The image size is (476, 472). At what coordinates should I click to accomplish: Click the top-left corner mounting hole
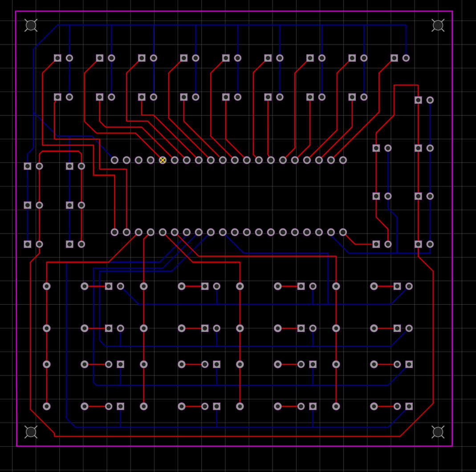[x=31, y=25]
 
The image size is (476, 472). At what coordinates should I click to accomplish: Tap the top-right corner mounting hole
[x=438, y=25]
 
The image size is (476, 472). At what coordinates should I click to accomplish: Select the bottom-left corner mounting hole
[x=31, y=432]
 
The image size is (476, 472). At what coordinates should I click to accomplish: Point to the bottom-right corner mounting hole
[x=438, y=432]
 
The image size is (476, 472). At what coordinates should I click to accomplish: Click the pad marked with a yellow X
[x=163, y=160]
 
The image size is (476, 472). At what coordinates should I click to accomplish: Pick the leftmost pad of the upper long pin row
[x=114, y=160]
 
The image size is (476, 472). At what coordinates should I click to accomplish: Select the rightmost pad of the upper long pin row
[x=343, y=160]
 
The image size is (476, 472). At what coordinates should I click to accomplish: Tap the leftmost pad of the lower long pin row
[x=114, y=232]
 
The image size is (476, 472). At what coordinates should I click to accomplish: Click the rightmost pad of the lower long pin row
[x=343, y=232]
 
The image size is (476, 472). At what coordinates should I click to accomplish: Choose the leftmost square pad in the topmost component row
[x=57, y=58]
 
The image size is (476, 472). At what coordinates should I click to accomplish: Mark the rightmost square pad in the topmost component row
[x=394, y=58]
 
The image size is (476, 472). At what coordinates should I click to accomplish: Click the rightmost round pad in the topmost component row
[x=406, y=58]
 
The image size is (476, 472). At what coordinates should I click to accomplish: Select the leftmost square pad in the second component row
[x=57, y=97]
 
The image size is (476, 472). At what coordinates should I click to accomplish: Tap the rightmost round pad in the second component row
[x=364, y=97]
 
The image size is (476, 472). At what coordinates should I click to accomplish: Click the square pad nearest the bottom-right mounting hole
[x=409, y=406]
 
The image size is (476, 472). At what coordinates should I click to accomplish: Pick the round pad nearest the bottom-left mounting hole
[x=47, y=406]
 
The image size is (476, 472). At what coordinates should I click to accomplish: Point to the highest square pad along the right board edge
[x=418, y=100]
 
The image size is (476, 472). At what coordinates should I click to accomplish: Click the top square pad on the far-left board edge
[x=28, y=166]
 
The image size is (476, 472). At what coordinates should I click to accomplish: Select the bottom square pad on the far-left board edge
[x=28, y=244]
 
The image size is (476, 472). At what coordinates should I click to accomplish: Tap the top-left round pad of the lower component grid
[x=47, y=286]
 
